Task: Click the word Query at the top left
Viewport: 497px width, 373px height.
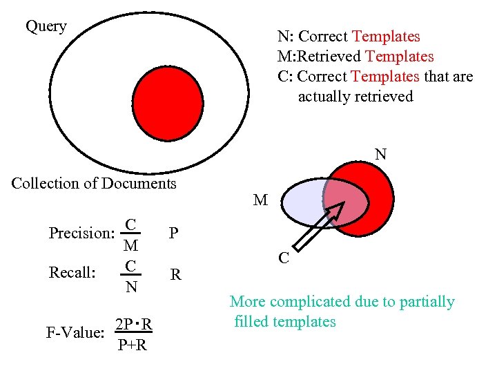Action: [x=46, y=27]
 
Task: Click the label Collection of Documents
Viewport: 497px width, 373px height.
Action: [x=94, y=184]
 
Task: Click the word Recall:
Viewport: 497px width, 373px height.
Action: [x=72, y=273]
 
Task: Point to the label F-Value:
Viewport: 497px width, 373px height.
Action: [x=75, y=333]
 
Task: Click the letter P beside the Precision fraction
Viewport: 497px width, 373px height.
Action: [x=174, y=233]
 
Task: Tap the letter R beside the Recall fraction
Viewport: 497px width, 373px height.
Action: [x=176, y=275]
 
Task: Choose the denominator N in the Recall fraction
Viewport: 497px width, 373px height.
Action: [x=130, y=286]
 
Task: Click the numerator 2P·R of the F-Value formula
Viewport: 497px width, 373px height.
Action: [x=134, y=325]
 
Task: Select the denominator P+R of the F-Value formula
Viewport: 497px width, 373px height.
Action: [x=132, y=345]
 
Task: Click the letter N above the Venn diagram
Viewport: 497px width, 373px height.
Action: [x=380, y=154]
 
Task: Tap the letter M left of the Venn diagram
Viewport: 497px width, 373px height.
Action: [x=260, y=200]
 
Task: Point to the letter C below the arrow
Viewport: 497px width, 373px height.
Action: [x=283, y=258]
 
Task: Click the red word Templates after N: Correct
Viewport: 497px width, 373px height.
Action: [x=385, y=37]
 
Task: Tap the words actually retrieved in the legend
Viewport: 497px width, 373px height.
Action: [x=355, y=97]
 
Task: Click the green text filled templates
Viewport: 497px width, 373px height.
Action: [x=285, y=322]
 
